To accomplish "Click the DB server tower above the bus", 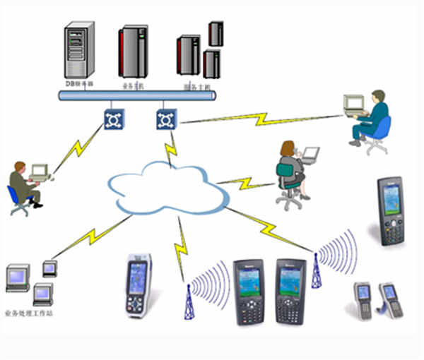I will pyautogui.click(x=78, y=50).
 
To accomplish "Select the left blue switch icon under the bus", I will pyautogui.click(x=112, y=118).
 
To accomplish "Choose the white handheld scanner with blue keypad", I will pyautogui.click(x=138, y=284).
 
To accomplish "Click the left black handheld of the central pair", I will pyautogui.click(x=248, y=290).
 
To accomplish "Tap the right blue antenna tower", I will pyautogui.click(x=316, y=270).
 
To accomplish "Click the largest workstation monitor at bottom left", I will pyautogui.click(x=18, y=277).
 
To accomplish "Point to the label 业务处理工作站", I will pyautogui.click(x=28, y=313).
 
